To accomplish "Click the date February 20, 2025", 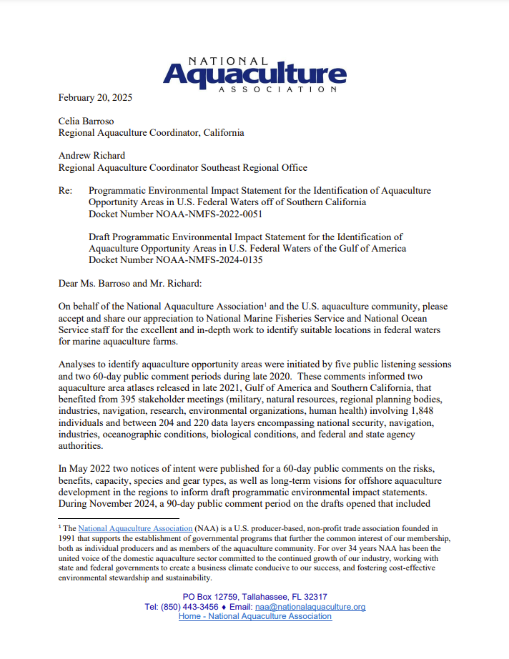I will point(95,96).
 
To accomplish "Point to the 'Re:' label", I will point(66,192).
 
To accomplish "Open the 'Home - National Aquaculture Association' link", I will point(255,616).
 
